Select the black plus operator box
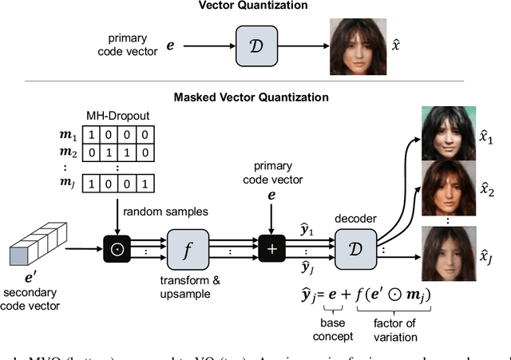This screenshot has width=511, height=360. click(274, 248)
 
